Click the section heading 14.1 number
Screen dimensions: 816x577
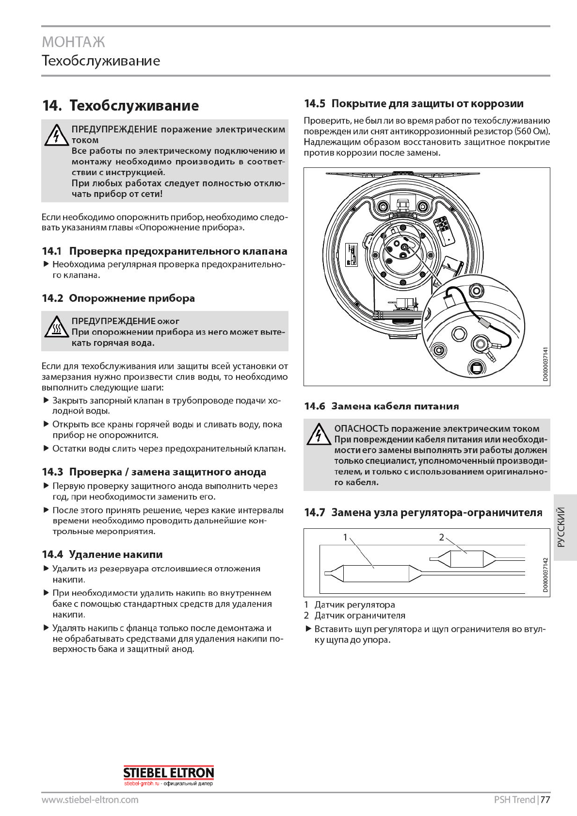click(x=52, y=251)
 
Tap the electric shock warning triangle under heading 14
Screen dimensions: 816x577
click(x=56, y=135)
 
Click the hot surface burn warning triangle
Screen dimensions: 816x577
click(x=56, y=326)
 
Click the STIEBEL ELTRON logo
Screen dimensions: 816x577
click(x=168, y=773)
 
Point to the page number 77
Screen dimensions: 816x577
click(x=545, y=800)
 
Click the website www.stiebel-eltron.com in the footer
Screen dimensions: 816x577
click(x=90, y=800)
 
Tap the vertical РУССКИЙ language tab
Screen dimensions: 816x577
click(x=561, y=527)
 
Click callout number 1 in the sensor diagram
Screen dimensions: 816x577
click(x=345, y=537)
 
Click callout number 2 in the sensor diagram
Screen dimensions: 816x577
click(x=441, y=537)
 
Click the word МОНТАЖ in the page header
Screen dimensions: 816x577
click(x=73, y=42)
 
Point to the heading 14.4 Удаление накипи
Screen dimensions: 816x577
click(x=102, y=554)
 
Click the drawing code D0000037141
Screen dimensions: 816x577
click(x=545, y=364)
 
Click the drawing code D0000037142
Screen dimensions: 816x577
click(x=545, y=574)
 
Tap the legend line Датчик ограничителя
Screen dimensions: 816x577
click(x=360, y=616)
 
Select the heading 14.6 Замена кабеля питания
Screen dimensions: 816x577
click(x=381, y=406)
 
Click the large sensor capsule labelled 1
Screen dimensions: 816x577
click(x=376, y=573)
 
